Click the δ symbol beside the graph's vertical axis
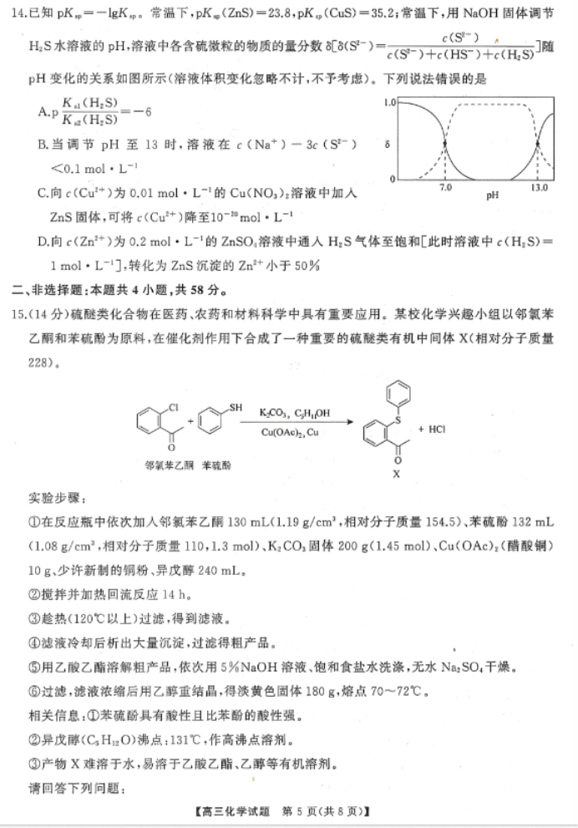pyautogui.click(x=387, y=143)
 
